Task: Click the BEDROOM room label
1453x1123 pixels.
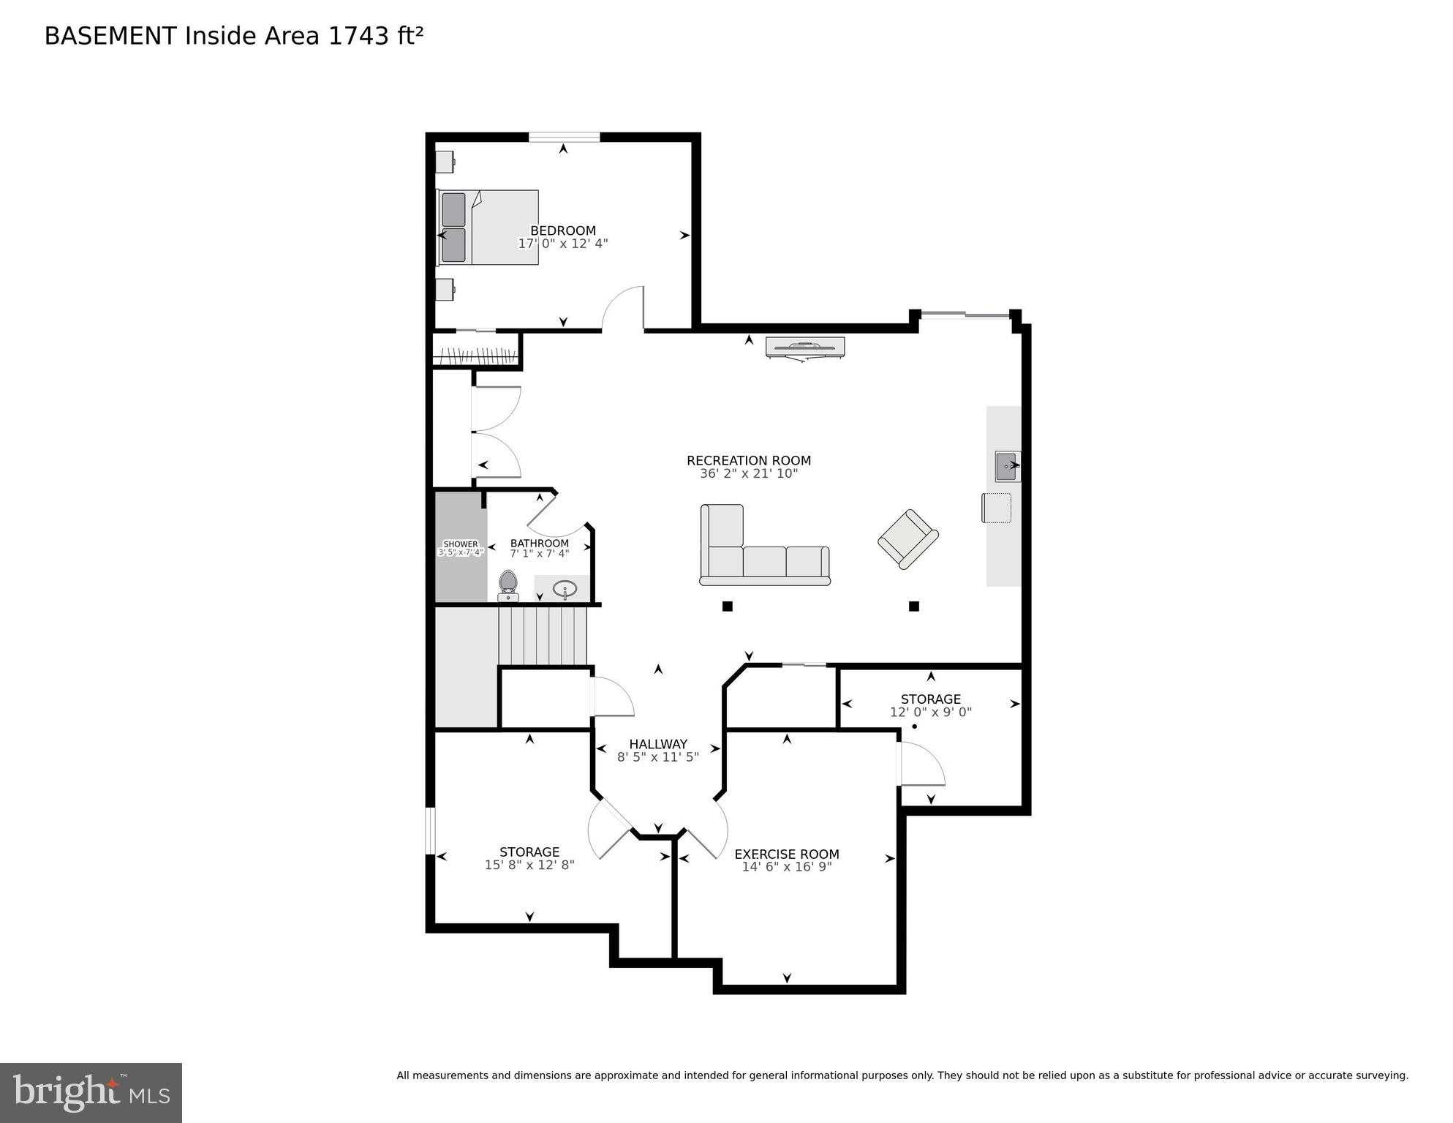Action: pyautogui.click(x=562, y=230)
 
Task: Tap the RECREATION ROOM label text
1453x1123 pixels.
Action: pyautogui.click(x=748, y=460)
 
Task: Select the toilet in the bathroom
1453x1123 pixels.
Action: pyautogui.click(x=508, y=586)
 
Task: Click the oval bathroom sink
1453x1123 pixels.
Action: pyautogui.click(x=565, y=588)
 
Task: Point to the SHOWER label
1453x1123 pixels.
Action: pyautogui.click(x=461, y=544)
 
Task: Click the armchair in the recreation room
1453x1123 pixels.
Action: pyautogui.click(x=907, y=539)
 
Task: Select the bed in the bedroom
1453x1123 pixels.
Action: pyautogui.click(x=488, y=228)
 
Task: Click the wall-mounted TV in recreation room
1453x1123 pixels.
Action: pyautogui.click(x=804, y=347)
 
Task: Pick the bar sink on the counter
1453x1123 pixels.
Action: pyautogui.click(x=1006, y=466)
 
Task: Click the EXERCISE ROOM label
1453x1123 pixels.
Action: pyautogui.click(x=786, y=854)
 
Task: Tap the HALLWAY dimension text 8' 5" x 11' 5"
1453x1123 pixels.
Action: pyautogui.click(x=657, y=757)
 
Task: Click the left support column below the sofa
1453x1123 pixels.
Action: pyautogui.click(x=727, y=606)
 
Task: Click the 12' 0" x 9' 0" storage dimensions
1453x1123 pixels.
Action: pyautogui.click(x=930, y=712)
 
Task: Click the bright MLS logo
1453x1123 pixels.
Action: pyautogui.click(x=91, y=1092)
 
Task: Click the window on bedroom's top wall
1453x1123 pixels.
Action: pyautogui.click(x=564, y=137)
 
